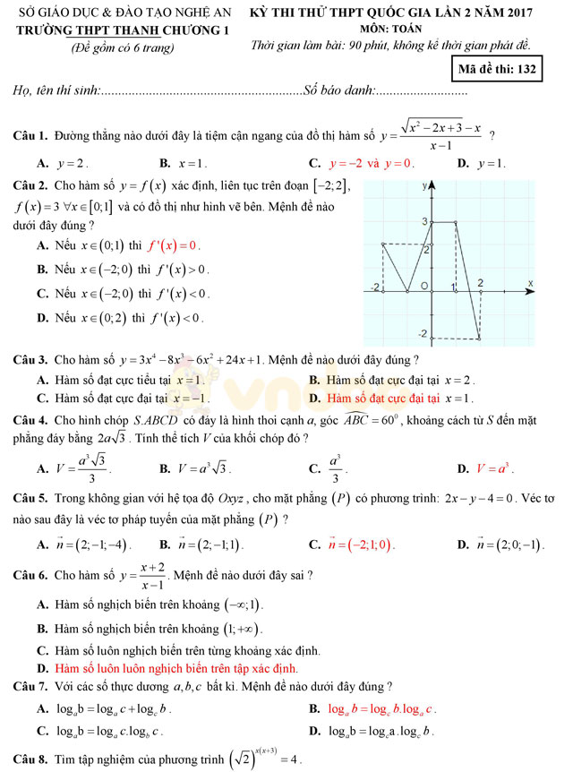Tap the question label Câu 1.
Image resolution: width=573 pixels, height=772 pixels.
click(x=30, y=136)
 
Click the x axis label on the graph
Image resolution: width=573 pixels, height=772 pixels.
click(x=530, y=283)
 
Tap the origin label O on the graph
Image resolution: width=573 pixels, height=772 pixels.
click(x=424, y=285)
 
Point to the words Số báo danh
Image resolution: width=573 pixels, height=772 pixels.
click(x=339, y=90)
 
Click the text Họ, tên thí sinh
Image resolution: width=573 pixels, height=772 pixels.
click(x=55, y=90)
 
